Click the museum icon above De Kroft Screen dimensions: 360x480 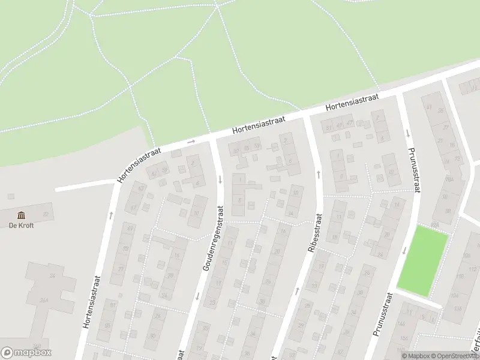tap(22, 215)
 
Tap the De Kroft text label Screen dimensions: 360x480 tap(21, 226)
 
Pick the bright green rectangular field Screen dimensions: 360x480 tap(423, 261)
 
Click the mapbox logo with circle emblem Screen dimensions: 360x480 tap(26, 352)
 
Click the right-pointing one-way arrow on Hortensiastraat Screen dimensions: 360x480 tap(191, 142)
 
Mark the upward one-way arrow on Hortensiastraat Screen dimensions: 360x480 tap(111, 214)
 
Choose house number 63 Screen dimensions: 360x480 tap(142, 188)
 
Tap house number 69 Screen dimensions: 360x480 tap(130, 229)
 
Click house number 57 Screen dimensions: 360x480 tap(257, 146)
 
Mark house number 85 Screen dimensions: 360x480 tap(107, 325)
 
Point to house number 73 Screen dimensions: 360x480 tap(125, 248)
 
